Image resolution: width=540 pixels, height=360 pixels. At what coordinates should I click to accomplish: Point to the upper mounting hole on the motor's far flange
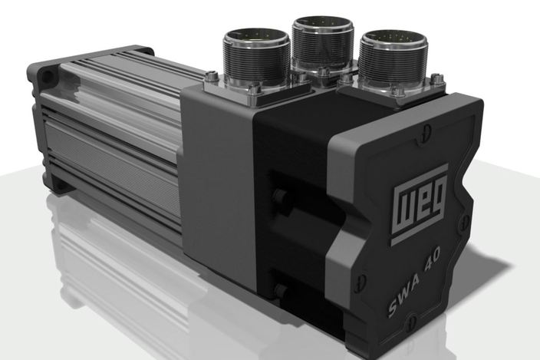(48, 76)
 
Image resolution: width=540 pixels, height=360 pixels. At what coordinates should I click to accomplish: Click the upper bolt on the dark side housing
(279, 197)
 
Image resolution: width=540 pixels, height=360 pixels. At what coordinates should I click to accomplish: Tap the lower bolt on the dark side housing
(282, 289)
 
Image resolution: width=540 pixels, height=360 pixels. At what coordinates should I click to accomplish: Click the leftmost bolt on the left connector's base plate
(209, 77)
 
